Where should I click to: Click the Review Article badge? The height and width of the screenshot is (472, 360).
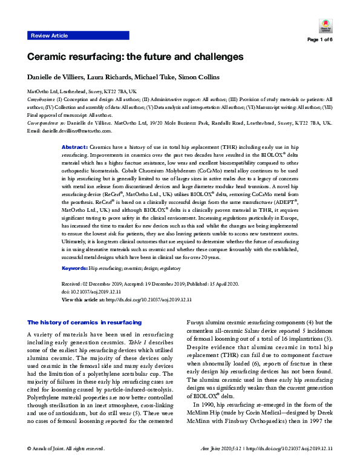(x=49, y=36)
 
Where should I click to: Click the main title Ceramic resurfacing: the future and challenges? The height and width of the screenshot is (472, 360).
(x=135, y=56)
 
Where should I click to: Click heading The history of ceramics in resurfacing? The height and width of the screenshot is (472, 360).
(x=85, y=323)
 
